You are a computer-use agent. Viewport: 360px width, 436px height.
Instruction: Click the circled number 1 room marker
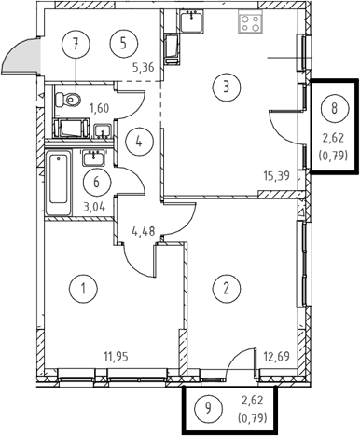click(x=83, y=289)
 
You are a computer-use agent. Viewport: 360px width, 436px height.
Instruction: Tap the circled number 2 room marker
click(x=226, y=288)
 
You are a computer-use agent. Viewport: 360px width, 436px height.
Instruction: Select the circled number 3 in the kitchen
click(x=227, y=87)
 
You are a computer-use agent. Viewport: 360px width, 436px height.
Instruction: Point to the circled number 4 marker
click(x=139, y=143)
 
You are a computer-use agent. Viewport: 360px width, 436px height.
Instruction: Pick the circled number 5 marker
click(x=123, y=44)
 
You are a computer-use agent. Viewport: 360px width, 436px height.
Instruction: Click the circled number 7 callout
click(x=76, y=44)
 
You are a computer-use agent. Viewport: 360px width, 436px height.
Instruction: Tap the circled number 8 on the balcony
click(x=335, y=109)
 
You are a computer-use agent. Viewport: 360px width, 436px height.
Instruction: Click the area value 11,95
click(x=116, y=357)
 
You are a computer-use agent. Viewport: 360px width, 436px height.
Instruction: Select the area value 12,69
click(x=276, y=356)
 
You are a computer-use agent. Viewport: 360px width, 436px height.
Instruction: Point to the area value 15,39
click(x=276, y=176)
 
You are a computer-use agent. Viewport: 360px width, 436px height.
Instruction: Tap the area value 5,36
click(x=144, y=67)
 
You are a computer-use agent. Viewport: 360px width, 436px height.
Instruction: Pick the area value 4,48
click(x=144, y=231)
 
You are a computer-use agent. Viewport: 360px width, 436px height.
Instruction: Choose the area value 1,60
click(x=99, y=108)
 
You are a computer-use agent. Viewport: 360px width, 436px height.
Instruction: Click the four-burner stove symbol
click(x=251, y=21)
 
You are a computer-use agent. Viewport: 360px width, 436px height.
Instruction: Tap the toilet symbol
click(x=68, y=100)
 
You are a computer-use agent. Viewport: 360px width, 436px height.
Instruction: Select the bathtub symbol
click(x=59, y=182)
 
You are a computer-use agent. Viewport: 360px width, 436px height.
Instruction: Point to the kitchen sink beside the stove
click(x=191, y=20)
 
